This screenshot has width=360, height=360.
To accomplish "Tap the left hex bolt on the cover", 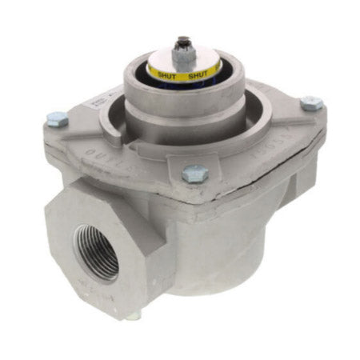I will (56, 120).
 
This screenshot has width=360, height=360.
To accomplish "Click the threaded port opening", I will (96, 253).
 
